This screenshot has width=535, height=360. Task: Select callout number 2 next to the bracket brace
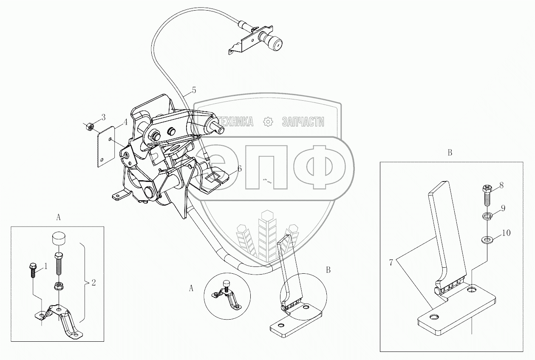[93, 282]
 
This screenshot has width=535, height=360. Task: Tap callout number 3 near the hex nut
[103, 117]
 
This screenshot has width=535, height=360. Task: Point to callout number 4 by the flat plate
[125, 122]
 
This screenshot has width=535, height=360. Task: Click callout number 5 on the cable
[194, 90]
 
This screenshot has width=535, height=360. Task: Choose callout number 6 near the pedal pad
[239, 169]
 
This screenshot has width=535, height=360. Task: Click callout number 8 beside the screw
[501, 185]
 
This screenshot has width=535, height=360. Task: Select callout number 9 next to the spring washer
[503, 209]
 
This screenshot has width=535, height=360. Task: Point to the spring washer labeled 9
[487, 217]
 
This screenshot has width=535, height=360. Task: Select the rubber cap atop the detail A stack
[58, 238]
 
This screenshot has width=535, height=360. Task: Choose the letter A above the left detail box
[58, 217]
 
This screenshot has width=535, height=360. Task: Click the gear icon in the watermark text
[268, 122]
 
